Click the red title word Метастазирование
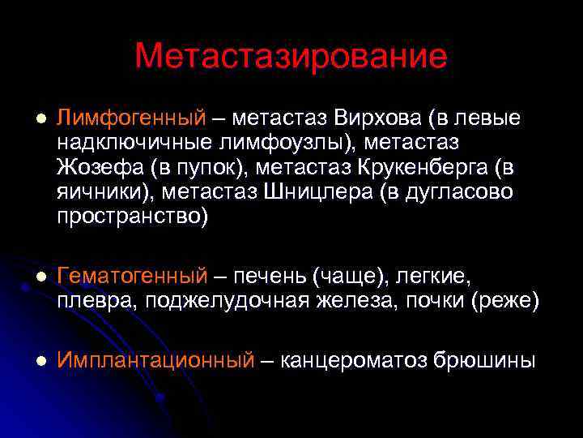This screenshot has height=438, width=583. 291,56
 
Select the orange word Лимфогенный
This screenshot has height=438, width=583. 132,118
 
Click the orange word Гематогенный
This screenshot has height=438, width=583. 132,277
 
